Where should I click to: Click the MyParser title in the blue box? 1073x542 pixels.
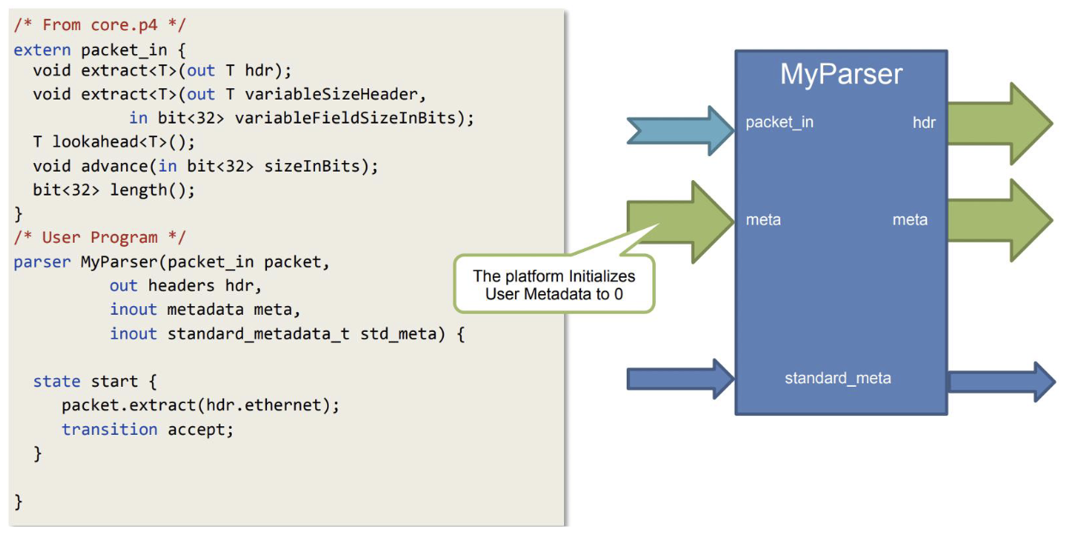click(x=841, y=75)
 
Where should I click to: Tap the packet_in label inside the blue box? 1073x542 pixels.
click(x=779, y=123)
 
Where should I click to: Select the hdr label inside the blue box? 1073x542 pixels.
click(x=924, y=123)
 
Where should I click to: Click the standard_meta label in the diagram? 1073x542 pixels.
click(x=838, y=378)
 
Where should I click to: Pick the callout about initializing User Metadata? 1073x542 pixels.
click(x=554, y=285)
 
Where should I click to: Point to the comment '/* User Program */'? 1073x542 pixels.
click(x=99, y=238)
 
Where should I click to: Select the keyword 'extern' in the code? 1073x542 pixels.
click(x=42, y=50)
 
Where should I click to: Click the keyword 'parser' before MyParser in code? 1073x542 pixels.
click(x=42, y=262)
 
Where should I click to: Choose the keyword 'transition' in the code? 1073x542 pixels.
click(x=109, y=430)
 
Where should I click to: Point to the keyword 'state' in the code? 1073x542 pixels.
click(x=57, y=382)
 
